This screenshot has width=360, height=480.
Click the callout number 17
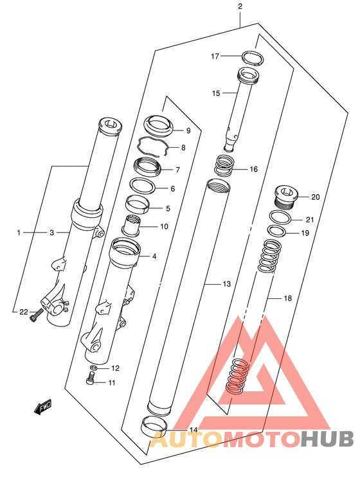point(215,57)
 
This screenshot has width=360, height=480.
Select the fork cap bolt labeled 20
point(285,197)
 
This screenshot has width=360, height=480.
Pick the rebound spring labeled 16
point(224,166)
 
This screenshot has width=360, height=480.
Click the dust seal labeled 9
point(159,125)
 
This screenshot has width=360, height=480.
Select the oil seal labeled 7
point(147,166)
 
